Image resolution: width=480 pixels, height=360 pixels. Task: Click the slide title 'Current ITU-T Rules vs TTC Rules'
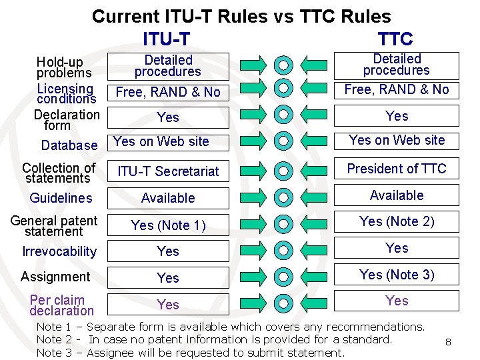coord(241,16)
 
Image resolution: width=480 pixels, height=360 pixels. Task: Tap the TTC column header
coord(395,39)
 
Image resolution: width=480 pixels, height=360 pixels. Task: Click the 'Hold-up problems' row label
coord(59,68)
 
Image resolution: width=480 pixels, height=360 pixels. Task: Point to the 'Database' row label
coord(69,145)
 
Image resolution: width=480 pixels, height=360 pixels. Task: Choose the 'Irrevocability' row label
coord(59,251)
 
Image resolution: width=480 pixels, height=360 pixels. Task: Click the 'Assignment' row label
coord(55,277)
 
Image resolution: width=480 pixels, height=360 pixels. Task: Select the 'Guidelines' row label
coord(61,198)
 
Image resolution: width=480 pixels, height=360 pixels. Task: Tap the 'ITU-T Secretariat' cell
coord(168,171)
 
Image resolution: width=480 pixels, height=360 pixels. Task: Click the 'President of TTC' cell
coord(397,169)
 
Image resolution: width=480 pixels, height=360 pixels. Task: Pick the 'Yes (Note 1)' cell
coord(168,225)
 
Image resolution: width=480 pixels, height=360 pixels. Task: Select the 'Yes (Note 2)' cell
coord(397,221)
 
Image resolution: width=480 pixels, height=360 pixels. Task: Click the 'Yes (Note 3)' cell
coord(397,274)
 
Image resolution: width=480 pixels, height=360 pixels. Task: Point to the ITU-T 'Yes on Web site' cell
coord(161,141)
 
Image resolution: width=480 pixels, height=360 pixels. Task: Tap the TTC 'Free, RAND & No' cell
coord(397,89)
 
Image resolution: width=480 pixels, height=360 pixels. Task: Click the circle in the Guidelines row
coord(284,197)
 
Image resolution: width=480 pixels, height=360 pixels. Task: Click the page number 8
coord(449,342)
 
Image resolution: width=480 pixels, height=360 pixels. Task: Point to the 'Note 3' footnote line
coord(190,353)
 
